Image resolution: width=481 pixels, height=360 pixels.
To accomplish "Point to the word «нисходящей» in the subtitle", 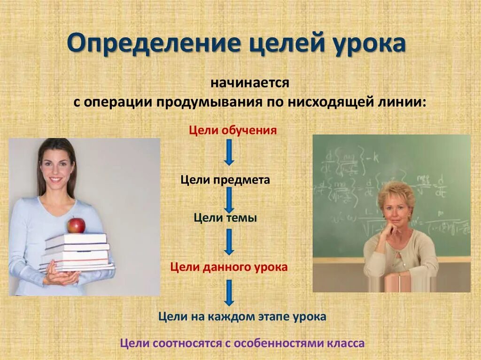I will coord(346,102).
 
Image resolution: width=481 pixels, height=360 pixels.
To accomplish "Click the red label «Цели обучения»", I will coord(233,130).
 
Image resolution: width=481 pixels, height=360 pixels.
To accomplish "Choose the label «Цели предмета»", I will coord(225,180).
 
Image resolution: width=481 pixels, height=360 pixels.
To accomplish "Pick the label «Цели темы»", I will coord(225,218).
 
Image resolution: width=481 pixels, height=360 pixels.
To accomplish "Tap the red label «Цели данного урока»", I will coord(229,267).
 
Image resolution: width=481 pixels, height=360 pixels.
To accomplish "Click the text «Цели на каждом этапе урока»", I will coord(242,316).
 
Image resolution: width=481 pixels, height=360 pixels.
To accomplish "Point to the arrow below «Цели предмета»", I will coord(229,199).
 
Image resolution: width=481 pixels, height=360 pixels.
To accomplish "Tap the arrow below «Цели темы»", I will coord(229,242).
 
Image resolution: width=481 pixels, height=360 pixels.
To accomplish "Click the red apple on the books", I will coord(76,225).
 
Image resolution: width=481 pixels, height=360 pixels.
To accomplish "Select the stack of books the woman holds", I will coord(78,252).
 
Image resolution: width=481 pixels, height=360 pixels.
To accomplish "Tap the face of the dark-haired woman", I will coord(56,167).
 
